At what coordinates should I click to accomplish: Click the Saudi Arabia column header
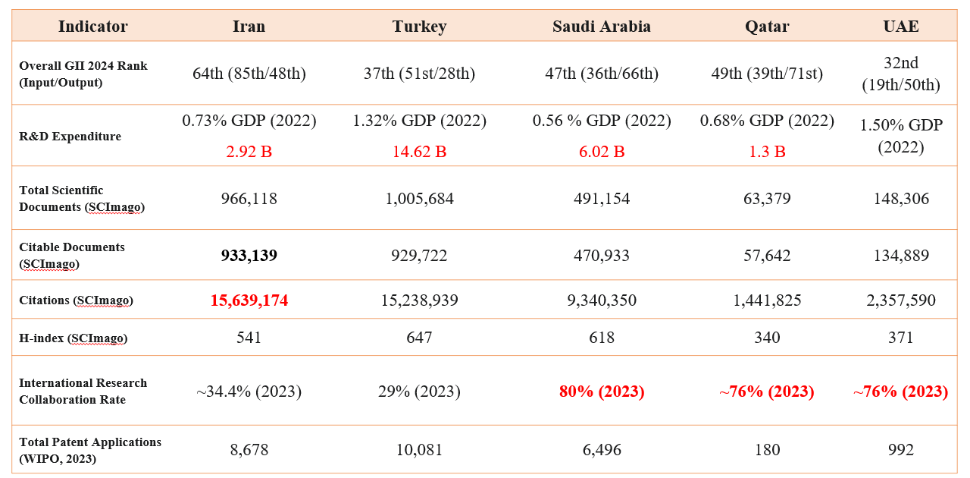601,27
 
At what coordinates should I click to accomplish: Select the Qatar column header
767,27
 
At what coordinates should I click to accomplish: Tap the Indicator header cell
92,27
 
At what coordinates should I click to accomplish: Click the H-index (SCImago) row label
73,338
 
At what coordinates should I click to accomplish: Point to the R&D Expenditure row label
70,137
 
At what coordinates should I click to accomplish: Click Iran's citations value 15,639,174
249,300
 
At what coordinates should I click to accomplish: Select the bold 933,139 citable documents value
249,256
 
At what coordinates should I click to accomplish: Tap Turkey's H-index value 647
419,338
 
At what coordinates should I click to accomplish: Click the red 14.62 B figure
419,152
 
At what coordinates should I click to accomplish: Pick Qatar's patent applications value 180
767,450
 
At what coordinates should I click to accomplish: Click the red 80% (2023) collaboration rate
601,392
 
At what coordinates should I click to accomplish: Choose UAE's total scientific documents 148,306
900,199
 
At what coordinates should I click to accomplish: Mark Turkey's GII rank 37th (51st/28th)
419,74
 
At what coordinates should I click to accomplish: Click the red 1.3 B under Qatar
767,152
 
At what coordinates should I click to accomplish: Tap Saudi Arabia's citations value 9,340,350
601,300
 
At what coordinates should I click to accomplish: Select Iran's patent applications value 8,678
249,450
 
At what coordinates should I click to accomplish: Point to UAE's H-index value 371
900,338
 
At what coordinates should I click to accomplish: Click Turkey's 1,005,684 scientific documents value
419,199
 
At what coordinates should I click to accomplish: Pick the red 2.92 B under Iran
249,152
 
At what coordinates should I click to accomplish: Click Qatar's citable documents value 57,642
767,256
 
